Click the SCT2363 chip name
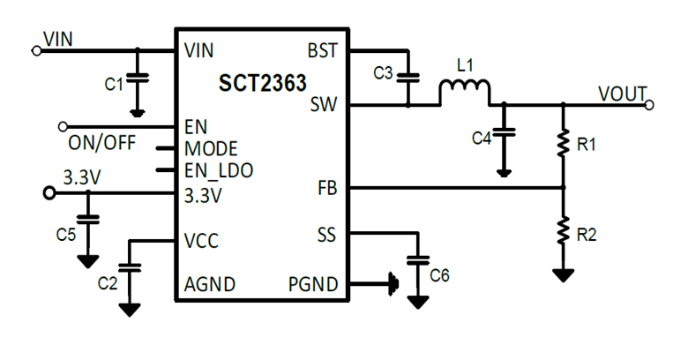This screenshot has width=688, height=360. coord(263,84)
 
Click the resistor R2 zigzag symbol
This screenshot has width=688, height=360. coord(562,231)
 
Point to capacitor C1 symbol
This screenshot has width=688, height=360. coord(137,79)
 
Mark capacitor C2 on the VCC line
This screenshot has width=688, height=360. coord(130,266)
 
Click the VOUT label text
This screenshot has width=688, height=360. coord(622,93)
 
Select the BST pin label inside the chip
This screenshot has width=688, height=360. coord(322,50)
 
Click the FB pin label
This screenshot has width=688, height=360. coord(327,188)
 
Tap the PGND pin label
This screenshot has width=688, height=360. coord(312,284)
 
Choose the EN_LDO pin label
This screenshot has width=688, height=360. coord(218,170)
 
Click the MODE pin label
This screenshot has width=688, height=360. coord(211,147)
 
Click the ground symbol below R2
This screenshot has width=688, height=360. coord(562,274)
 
